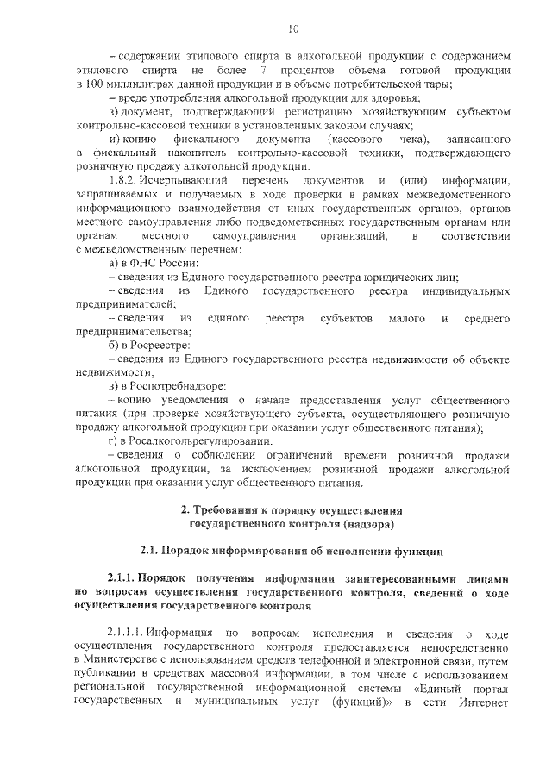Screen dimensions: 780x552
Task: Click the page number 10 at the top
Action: [x=292, y=29]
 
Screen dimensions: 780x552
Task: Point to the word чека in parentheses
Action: [x=409, y=139]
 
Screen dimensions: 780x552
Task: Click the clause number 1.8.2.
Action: [x=126, y=181]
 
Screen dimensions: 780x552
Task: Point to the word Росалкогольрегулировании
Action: [x=193, y=440]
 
